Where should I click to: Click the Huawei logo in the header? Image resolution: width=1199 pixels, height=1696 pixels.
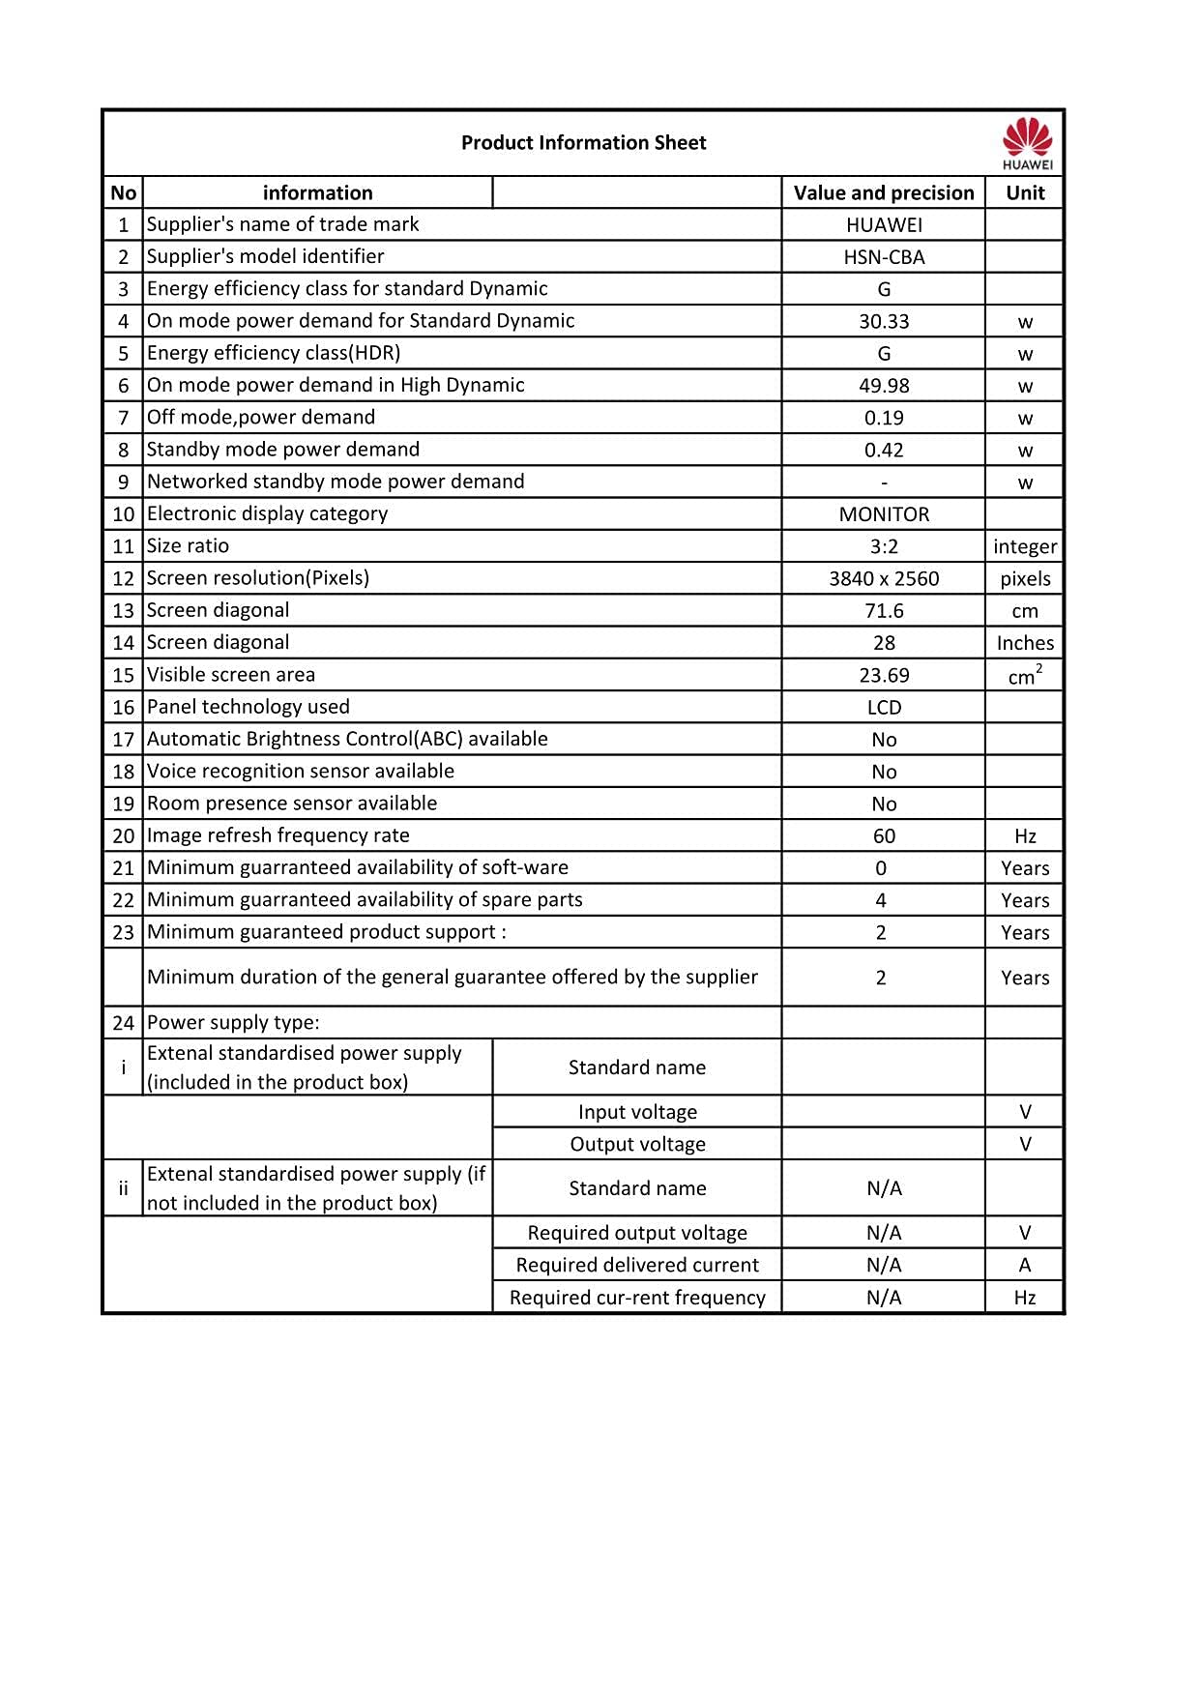click(x=1027, y=143)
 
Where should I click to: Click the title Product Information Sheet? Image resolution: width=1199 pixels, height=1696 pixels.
click(x=583, y=143)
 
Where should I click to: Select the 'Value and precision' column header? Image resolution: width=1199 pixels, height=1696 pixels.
click(x=884, y=192)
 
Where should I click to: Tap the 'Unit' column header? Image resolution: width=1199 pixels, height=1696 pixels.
click(x=1025, y=192)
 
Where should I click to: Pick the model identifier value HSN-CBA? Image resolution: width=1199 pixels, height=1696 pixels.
click(x=884, y=257)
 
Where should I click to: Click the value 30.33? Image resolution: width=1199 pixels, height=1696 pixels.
click(x=884, y=321)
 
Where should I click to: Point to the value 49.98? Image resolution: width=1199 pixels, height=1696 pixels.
click(x=884, y=386)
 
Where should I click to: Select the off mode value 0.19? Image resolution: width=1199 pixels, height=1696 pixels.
click(x=884, y=418)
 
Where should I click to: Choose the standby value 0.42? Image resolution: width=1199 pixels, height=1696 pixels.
click(x=884, y=450)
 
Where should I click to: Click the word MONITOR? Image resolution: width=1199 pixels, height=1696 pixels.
click(x=884, y=514)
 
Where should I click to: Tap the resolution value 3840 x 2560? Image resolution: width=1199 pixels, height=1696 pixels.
click(x=884, y=578)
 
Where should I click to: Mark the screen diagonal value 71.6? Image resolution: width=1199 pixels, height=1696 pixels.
click(x=884, y=611)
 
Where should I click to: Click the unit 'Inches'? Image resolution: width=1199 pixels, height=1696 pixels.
click(x=1025, y=643)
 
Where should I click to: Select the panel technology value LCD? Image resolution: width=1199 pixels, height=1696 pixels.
click(x=884, y=708)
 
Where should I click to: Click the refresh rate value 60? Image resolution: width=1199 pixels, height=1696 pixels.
click(x=884, y=836)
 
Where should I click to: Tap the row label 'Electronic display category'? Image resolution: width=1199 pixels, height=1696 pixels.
click(x=267, y=513)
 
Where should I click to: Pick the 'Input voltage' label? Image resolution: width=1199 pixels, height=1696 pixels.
click(x=637, y=1112)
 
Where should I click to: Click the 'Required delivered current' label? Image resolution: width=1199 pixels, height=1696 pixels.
click(x=637, y=1265)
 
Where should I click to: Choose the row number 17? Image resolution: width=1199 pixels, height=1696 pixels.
click(x=123, y=740)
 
